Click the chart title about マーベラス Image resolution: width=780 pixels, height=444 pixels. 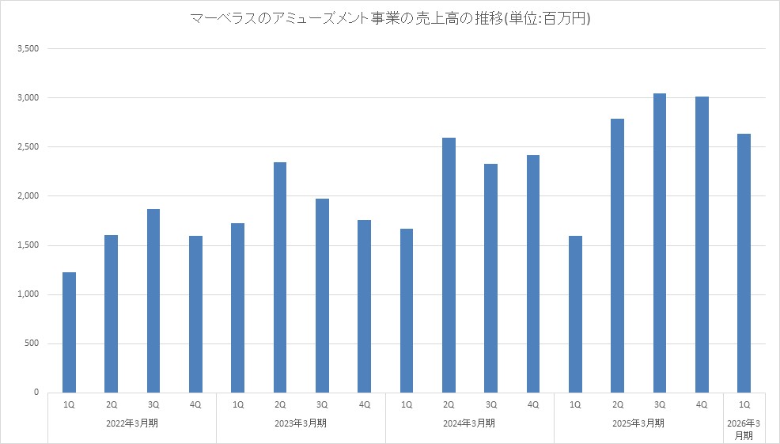pos(390,18)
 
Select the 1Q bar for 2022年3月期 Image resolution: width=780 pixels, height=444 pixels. pos(69,332)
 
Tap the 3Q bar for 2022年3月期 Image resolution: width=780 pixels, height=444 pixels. pos(153,301)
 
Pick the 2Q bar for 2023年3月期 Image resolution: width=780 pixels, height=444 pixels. pos(280,277)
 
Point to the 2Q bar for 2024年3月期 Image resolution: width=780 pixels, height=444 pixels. pos(449,265)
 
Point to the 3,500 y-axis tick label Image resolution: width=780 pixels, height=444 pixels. pos(28,49)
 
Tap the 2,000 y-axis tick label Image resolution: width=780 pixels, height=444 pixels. pos(28,196)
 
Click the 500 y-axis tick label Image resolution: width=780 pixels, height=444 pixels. pos(32,343)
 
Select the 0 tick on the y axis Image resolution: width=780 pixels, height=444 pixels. pos(36,393)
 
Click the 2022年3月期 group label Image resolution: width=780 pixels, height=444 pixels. pos(132,423)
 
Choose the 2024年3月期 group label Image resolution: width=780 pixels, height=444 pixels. pos(470,423)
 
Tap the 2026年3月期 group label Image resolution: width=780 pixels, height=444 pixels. pos(744,429)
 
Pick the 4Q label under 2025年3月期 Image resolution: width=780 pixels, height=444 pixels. pos(702,404)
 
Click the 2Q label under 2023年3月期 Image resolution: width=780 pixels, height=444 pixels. pos(280,404)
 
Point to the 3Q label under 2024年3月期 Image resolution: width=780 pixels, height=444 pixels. pos(490,404)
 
